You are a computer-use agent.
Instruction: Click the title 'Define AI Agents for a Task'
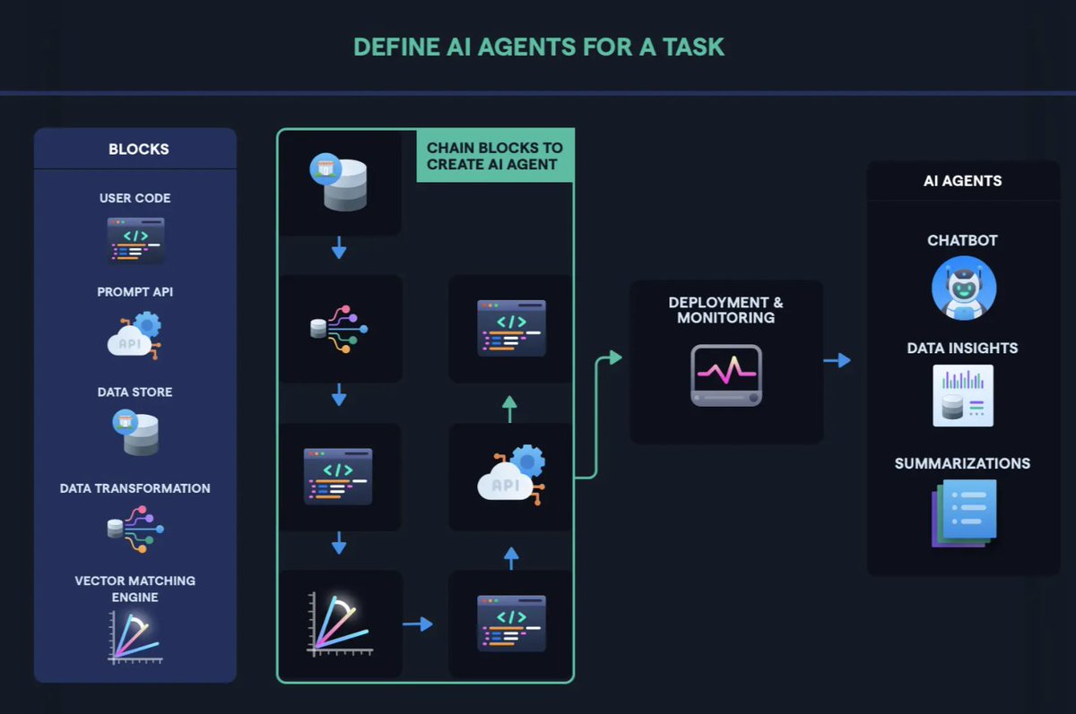(x=538, y=47)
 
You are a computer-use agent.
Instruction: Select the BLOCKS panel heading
(x=138, y=150)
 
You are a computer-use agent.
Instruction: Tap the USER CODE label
(x=134, y=198)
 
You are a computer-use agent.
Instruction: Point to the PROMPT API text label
(x=134, y=292)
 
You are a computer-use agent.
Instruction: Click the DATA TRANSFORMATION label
(x=134, y=488)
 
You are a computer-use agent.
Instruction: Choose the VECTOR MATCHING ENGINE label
(x=134, y=589)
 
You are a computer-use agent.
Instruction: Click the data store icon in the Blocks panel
(x=135, y=432)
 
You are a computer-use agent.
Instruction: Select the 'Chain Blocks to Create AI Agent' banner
(x=495, y=156)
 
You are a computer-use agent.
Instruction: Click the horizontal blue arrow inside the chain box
(x=418, y=624)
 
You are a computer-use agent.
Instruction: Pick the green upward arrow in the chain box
(x=509, y=409)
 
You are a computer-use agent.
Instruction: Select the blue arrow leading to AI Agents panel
(x=837, y=360)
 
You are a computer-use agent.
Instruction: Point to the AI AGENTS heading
(x=962, y=181)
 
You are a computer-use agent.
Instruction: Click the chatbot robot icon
(x=963, y=288)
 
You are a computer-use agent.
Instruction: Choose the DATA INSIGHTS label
(x=962, y=348)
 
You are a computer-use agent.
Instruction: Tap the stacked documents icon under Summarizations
(x=964, y=512)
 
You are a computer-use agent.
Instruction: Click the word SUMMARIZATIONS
(x=962, y=463)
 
